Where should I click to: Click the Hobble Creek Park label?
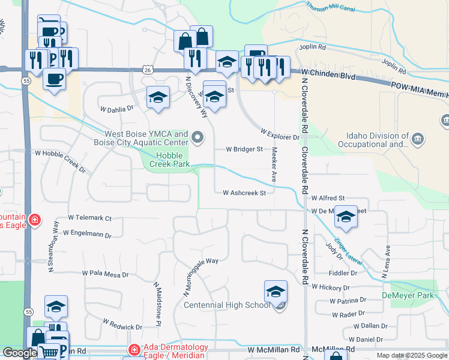tap(169, 159)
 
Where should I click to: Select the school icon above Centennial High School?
tap(276, 292)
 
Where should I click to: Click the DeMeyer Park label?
tap(408, 296)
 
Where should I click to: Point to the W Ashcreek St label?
tap(244, 193)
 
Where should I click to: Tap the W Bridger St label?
tap(244, 149)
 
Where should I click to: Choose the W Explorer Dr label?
tap(280, 134)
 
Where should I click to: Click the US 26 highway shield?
tap(148, 70)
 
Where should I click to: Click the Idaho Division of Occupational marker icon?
tap(419, 140)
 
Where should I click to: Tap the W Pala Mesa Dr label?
tap(106, 274)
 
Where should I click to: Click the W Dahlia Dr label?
tap(116, 109)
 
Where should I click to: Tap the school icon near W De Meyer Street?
tap(346, 217)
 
